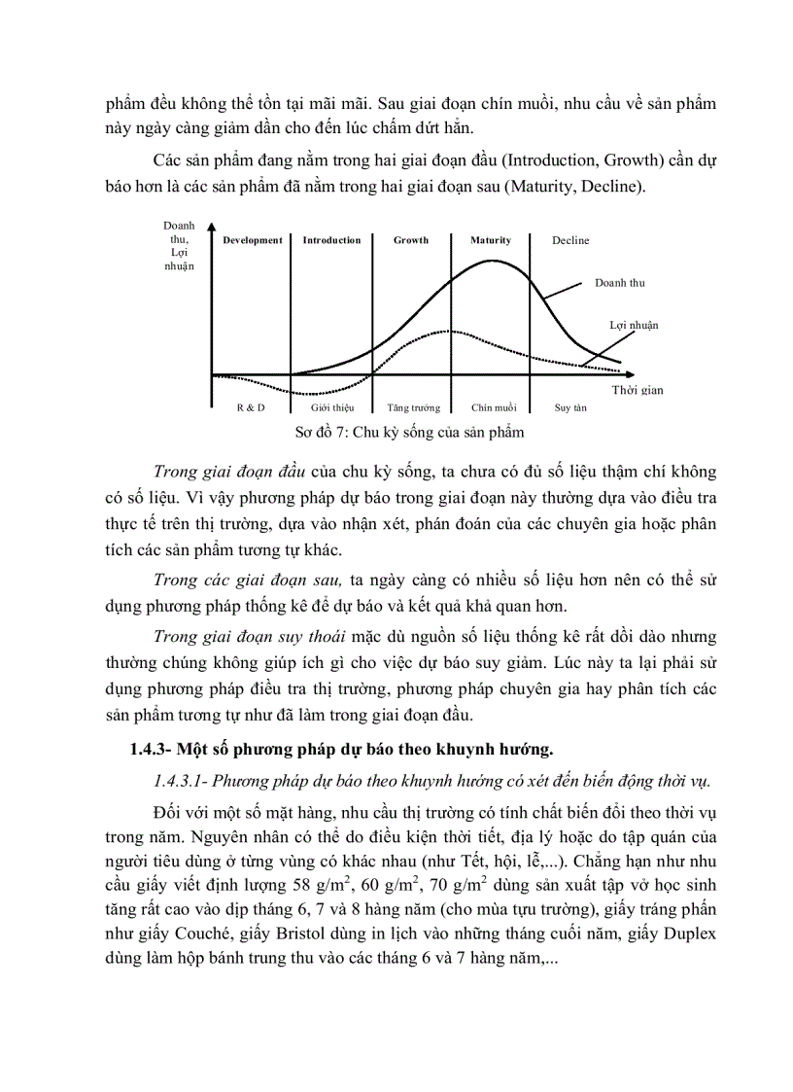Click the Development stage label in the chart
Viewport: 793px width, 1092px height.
pyautogui.click(x=252, y=240)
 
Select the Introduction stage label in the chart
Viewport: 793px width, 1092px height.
pyautogui.click(x=331, y=240)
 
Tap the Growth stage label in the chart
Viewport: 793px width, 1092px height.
pyautogui.click(x=411, y=240)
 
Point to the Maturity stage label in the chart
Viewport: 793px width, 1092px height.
pyautogui.click(x=491, y=240)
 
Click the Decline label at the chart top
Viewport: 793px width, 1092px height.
pyautogui.click(x=570, y=240)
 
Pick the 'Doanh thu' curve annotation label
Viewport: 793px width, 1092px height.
pyautogui.click(x=620, y=283)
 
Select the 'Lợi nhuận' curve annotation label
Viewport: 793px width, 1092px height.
pyautogui.click(x=634, y=325)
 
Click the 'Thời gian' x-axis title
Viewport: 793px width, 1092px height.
pyautogui.click(x=638, y=390)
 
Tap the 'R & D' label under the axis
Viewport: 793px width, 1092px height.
pyautogui.click(x=250, y=407)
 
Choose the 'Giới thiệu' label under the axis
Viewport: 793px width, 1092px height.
pyautogui.click(x=331, y=407)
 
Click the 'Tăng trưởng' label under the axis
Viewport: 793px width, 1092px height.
pyautogui.click(x=413, y=407)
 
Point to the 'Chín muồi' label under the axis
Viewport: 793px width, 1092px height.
pyautogui.click(x=494, y=407)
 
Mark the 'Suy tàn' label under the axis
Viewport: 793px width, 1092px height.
pyautogui.click(x=570, y=407)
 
